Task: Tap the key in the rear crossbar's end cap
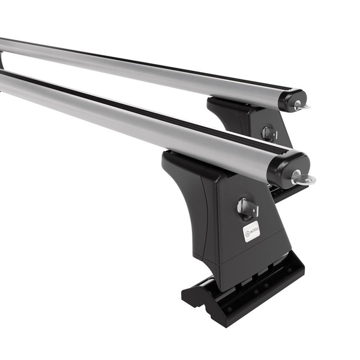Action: coord(300,106)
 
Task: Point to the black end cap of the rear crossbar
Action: coord(290,100)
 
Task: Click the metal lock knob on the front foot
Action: coord(247,208)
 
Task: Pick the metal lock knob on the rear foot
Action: coord(269,133)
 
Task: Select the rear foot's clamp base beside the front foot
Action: coord(282,192)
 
